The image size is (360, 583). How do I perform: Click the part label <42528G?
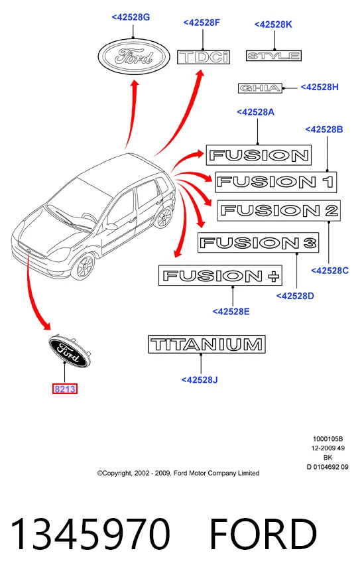coord(131,17)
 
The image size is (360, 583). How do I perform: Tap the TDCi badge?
coord(204,57)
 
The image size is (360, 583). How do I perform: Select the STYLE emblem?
coord(273,56)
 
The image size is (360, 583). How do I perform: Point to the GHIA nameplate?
coord(260,88)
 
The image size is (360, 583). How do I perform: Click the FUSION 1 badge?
coord(276,182)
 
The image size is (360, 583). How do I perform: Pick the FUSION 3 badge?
coord(258,243)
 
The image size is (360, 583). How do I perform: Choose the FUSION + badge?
coord(220,275)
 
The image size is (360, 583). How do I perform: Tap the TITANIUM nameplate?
coord(207,344)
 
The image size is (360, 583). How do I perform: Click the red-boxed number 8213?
coord(65,389)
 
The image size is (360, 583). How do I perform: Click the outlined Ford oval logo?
coord(134,56)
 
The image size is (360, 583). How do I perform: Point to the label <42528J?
coord(200,380)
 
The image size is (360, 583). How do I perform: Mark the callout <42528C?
coord(330,271)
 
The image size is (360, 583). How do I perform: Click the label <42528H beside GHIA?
coord(320,87)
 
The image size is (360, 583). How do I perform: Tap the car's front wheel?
coord(83,266)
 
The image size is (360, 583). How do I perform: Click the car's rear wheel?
coord(164,217)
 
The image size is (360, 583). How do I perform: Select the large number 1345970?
coord(90,534)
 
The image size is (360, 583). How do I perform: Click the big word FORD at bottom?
coord(263,534)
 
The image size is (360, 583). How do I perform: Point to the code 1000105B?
coord(328,439)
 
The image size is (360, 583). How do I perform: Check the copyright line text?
coord(178,474)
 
